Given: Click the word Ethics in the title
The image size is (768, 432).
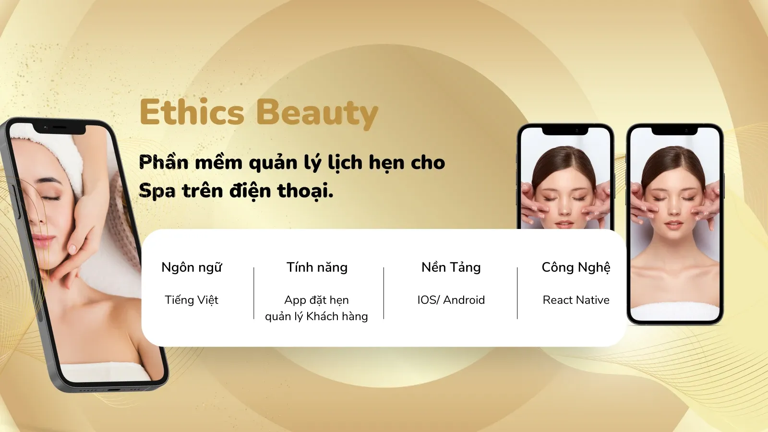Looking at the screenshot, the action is pos(192,112).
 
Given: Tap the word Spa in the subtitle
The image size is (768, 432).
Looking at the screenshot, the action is pos(157,192).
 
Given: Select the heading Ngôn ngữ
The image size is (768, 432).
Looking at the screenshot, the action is pos(192,268).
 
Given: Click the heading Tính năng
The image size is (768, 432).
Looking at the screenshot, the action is pos(317,267).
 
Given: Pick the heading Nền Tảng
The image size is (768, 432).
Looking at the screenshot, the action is pos(451,267).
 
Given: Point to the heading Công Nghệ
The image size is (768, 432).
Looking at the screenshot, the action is pos(576,267).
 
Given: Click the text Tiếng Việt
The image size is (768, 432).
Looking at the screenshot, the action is pos(192,300).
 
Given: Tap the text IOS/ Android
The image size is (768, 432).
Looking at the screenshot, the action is pos(451,300).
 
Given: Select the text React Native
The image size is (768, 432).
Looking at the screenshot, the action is pos(576,300).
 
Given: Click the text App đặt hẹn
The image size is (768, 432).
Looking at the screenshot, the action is pos(316,300).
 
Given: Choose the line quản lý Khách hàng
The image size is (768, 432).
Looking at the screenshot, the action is pos(316,316).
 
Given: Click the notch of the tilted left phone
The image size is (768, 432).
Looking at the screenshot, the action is pos(59,128).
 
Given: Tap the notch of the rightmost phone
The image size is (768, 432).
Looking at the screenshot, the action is pos(674,131).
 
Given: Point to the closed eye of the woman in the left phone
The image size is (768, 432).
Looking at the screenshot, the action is pos(51,198).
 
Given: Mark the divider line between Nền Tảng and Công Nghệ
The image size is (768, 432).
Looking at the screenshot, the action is pos(517,293).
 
